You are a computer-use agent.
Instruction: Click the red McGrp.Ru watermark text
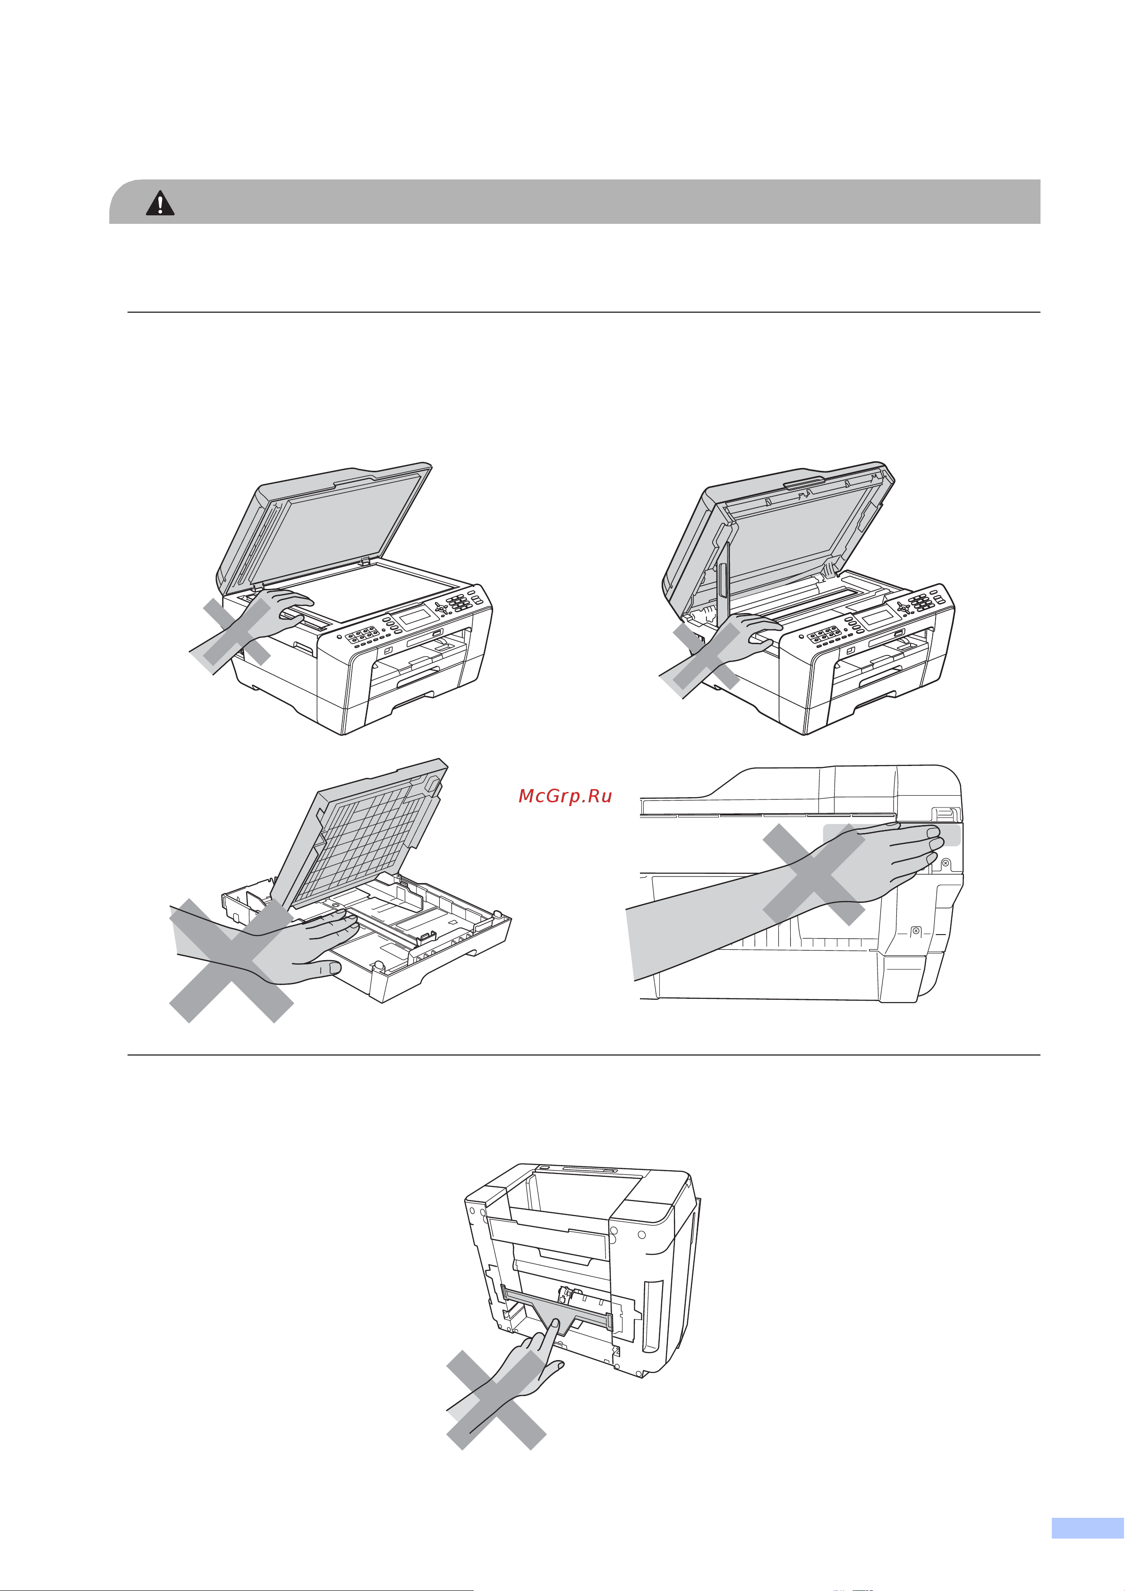coord(565,796)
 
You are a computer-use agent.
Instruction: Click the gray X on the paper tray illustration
coord(231,961)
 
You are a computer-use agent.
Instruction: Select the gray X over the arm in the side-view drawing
coord(814,875)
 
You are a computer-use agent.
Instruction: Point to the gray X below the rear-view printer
coord(496,1400)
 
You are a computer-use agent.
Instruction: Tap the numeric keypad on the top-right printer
coord(920,602)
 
